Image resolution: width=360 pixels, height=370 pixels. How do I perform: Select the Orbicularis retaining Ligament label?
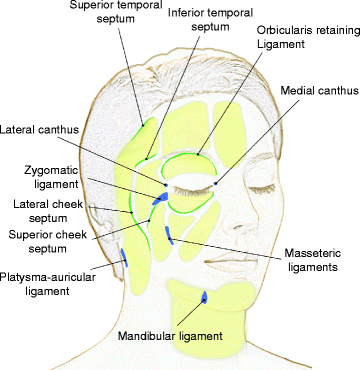[x=290, y=38]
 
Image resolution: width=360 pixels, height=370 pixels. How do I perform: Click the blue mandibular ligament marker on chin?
[x=204, y=297]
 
